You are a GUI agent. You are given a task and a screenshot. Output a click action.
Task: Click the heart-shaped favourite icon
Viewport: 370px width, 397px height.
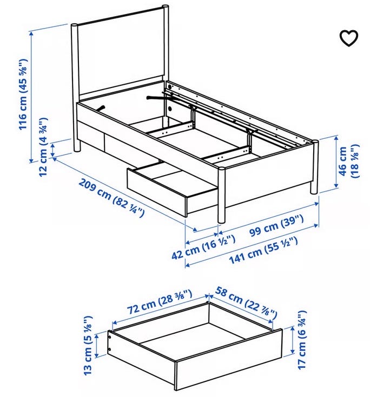349,38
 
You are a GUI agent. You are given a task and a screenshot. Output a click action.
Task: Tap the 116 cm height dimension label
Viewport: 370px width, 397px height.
23,94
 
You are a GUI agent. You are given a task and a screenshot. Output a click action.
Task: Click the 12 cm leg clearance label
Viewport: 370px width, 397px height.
44,147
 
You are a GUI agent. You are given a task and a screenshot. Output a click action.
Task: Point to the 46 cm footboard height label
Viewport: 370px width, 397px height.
349,162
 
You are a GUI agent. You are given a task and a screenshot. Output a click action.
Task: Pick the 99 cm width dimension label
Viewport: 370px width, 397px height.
276,226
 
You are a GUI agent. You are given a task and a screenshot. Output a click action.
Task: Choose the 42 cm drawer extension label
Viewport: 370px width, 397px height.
203,247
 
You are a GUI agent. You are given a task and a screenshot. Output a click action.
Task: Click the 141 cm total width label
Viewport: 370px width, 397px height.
263,251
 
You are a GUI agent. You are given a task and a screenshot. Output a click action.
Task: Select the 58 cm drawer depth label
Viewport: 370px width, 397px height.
246,303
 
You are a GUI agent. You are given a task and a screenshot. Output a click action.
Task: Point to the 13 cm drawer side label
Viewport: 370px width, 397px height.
88,345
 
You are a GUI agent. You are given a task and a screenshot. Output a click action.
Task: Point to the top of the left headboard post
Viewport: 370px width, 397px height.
74,26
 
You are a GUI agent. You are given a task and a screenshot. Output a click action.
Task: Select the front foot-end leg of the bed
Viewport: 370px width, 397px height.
221,195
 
